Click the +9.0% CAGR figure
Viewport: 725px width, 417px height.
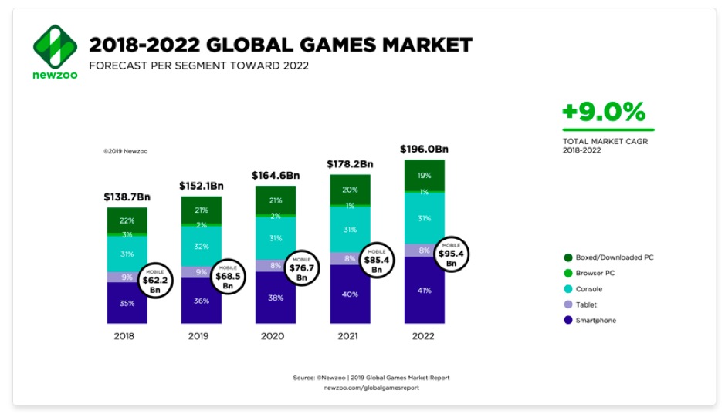tap(603, 112)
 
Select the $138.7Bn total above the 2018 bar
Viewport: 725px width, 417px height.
tap(127, 197)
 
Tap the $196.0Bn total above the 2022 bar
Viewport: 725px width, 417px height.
tap(425, 149)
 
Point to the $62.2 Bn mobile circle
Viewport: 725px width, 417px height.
tap(154, 281)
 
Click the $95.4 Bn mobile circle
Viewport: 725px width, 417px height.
tap(452, 253)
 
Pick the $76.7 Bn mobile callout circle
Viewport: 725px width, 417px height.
tap(302, 267)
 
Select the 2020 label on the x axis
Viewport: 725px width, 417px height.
tap(273, 335)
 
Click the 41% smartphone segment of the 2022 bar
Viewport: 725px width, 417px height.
tap(425, 290)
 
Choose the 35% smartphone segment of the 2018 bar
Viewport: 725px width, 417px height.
tap(127, 303)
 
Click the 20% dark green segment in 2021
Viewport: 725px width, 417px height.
tap(350, 190)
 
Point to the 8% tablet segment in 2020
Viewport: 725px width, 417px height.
tap(276, 264)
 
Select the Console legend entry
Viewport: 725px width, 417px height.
tap(588, 289)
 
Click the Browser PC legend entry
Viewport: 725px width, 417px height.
tap(594, 273)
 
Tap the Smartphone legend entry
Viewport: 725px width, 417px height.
tap(595, 320)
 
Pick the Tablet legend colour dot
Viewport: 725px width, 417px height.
tap(568, 304)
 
